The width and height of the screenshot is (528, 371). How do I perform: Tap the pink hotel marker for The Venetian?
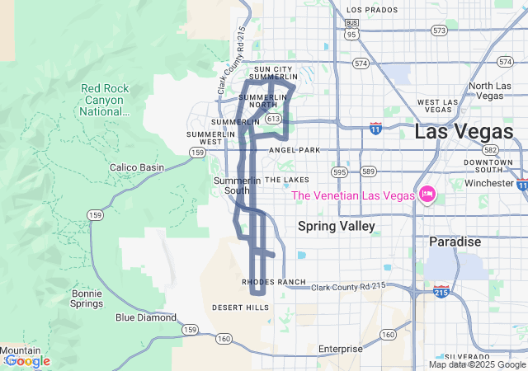[x=427, y=195]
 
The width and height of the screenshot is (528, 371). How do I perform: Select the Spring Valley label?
[x=336, y=226]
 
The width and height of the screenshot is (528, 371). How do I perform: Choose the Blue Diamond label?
[x=146, y=317]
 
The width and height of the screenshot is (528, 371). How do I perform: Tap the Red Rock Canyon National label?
[x=105, y=100]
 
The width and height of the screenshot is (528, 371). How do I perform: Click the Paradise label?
[x=455, y=242]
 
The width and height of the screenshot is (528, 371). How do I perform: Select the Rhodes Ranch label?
[x=273, y=282]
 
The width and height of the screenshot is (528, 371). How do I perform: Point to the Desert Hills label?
[x=240, y=308]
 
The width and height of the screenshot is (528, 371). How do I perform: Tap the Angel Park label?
[x=294, y=150]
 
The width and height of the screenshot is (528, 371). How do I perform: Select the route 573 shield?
[x=439, y=31]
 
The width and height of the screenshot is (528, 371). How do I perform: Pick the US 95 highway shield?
[x=352, y=35]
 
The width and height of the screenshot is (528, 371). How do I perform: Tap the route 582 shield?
[x=491, y=150]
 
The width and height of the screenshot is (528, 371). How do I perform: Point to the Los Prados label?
[x=365, y=10]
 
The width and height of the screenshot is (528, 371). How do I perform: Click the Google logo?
[x=26, y=361]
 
